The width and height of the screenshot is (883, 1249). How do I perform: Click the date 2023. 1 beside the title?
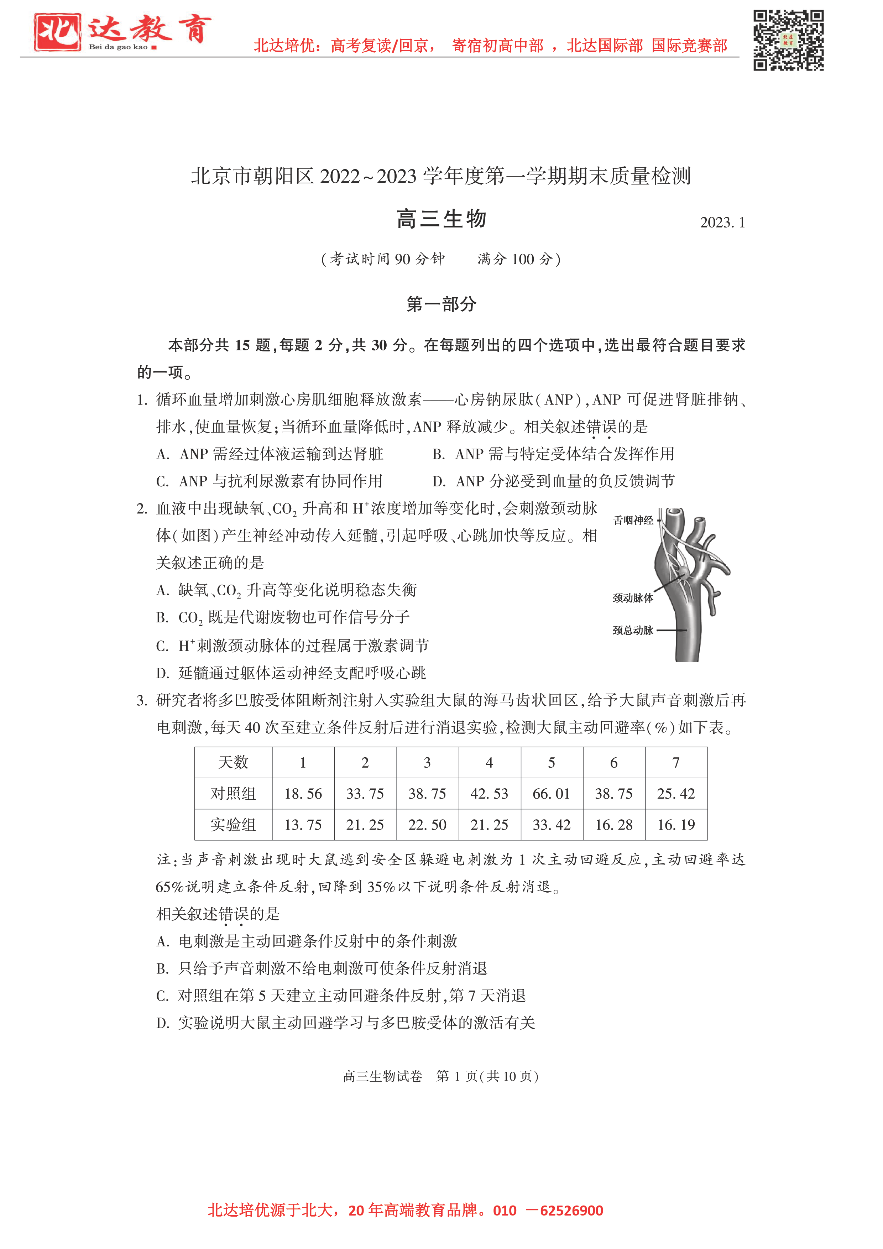(722, 223)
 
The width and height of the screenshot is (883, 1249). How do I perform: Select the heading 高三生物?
(441, 219)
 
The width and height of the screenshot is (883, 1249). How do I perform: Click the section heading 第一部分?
(441, 304)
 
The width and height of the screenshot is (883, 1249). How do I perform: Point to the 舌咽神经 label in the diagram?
(633, 521)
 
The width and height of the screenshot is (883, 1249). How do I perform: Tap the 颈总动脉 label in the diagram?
(633, 631)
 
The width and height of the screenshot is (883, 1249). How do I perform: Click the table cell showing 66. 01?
(551, 794)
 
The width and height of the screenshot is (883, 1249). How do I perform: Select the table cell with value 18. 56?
(303, 794)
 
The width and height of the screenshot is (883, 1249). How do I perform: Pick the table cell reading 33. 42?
(551, 825)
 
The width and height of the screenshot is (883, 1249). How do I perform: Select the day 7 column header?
(676, 763)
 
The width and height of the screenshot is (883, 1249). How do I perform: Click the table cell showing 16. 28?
(614, 825)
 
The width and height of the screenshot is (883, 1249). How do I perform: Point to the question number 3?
(141, 701)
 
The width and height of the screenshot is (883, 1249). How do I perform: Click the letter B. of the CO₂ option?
(162, 617)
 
